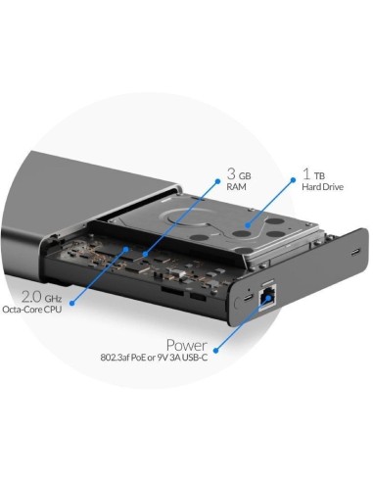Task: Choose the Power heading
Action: point(186,345)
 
